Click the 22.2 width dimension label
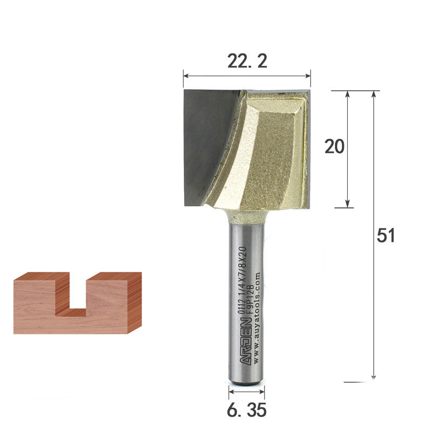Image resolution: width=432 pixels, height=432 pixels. pos(247,62)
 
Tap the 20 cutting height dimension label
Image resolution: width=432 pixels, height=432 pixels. pos(334,146)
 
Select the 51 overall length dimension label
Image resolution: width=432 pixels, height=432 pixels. pos(386,235)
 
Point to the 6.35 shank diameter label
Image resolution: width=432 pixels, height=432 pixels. pos(246,410)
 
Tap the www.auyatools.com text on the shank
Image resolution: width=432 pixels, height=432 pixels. pos(256,319)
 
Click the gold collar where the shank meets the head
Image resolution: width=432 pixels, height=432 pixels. pos(246,216)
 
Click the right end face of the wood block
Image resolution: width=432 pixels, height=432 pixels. pos(135,302)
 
